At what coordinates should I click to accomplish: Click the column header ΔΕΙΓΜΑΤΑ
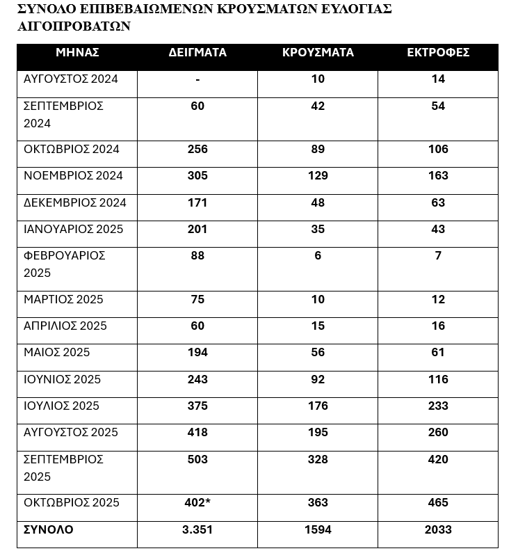[x=197, y=53]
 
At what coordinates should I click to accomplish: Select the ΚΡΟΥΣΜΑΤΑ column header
[x=318, y=53]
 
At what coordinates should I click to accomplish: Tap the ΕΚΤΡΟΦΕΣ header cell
[x=438, y=53]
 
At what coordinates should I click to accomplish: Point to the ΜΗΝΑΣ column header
[x=77, y=53]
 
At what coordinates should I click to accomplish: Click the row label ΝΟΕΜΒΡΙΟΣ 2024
[x=73, y=176]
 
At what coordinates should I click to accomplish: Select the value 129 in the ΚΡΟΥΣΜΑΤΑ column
[x=318, y=176]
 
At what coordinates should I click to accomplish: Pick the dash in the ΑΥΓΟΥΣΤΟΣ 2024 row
[x=197, y=79]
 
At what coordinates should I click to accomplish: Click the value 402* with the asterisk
[x=198, y=503]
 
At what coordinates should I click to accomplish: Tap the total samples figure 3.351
[x=197, y=530]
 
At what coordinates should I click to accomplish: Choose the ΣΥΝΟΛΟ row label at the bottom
[x=48, y=530]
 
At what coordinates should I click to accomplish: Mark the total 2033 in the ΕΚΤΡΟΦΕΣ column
[x=438, y=530]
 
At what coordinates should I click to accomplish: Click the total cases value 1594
[x=318, y=530]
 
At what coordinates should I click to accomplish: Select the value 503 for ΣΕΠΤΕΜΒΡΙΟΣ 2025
[x=197, y=460]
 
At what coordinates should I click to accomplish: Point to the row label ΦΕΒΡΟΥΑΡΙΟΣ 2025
[x=64, y=264]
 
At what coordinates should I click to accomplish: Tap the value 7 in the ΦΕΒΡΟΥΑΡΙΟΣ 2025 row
[x=438, y=256]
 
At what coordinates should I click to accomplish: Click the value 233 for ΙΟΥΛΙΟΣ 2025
[x=438, y=406]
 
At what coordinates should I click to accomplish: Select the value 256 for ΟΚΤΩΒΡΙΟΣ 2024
[x=197, y=150]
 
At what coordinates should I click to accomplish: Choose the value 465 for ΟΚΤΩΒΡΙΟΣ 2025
[x=438, y=503]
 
